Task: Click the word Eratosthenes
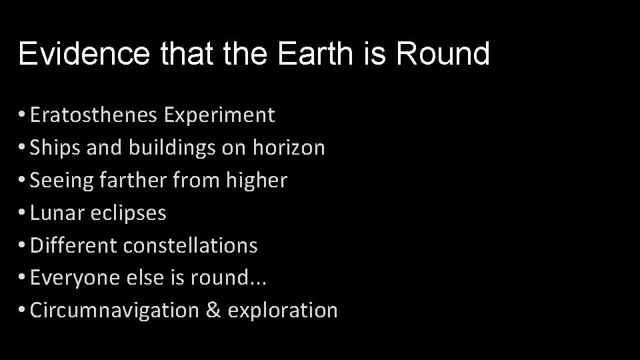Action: [x=93, y=115]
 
